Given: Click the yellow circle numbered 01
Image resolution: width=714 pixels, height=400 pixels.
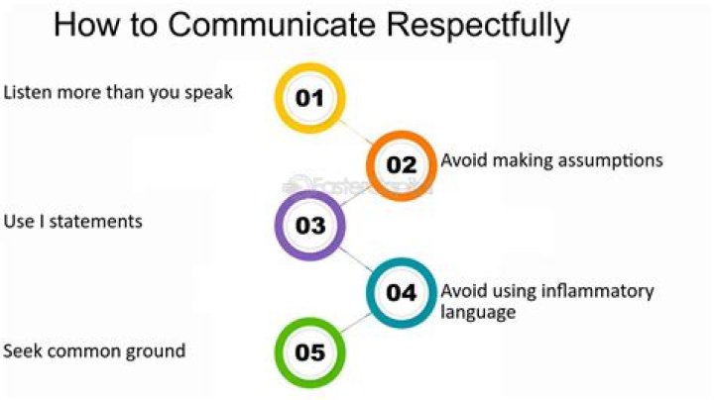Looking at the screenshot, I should pyautogui.click(x=309, y=97).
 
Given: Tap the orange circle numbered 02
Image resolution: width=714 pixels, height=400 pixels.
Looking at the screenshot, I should pyautogui.click(x=401, y=164).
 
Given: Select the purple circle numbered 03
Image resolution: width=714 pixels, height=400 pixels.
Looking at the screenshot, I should pyautogui.click(x=309, y=226).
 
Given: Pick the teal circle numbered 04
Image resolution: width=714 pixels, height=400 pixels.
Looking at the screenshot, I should pyautogui.click(x=401, y=293).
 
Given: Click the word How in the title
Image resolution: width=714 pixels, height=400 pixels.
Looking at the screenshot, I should pyautogui.click(x=86, y=25).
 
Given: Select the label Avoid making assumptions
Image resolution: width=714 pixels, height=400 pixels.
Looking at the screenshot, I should pyautogui.click(x=551, y=159).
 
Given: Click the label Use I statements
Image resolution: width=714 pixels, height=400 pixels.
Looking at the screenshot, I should pyautogui.click(x=72, y=221).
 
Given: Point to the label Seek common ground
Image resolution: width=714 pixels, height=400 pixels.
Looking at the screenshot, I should pyautogui.click(x=94, y=350).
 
